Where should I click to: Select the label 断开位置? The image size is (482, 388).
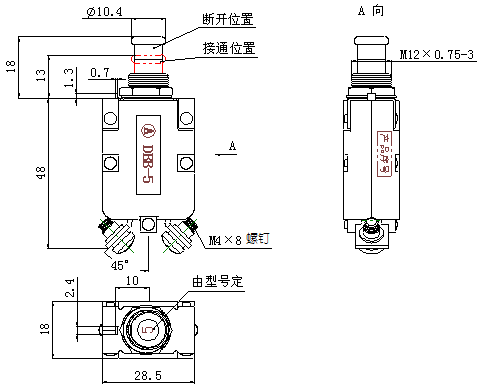tap(228, 19)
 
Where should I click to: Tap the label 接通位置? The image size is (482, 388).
tap(228, 47)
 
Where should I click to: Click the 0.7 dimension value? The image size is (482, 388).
tap(100, 73)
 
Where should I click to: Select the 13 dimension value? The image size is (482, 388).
tap(41, 76)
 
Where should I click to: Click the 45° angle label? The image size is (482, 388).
tap(118, 265)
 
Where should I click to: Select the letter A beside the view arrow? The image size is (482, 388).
tap(231, 146)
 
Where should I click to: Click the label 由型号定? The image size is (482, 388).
tap(217, 281)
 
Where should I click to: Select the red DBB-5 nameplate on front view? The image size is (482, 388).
tap(147, 156)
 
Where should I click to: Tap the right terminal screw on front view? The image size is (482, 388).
tap(180, 237)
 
